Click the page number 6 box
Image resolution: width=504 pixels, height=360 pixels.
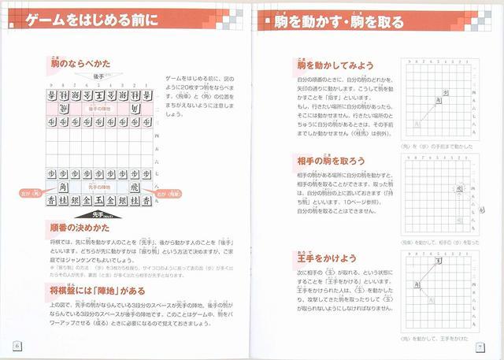[x=17, y=345]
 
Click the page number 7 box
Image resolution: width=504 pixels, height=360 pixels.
[x=479, y=345]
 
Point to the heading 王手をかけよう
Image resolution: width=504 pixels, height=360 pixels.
[x=326, y=258]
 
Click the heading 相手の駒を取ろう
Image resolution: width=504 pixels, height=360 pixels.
[x=332, y=161]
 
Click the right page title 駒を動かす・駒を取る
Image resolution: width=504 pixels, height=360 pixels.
[x=339, y=21]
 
